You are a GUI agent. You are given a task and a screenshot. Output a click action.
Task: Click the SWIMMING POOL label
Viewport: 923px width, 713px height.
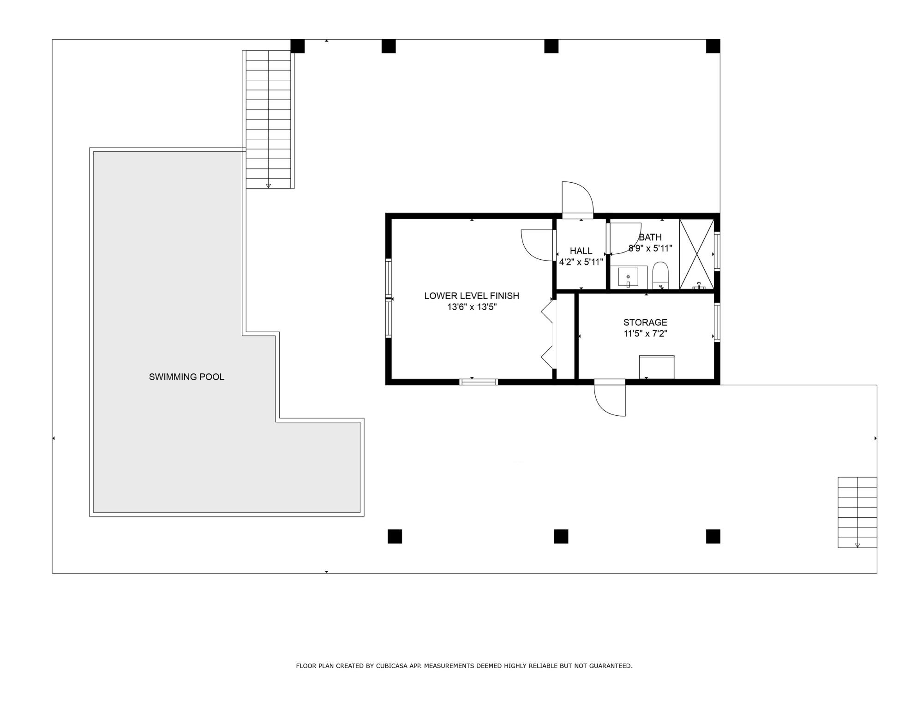[x=186, y=377]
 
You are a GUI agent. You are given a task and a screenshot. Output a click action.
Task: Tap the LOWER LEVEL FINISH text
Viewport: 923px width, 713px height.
[x=471, y=296]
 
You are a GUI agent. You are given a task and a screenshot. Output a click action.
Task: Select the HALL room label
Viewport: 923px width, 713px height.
[x=581, y=251]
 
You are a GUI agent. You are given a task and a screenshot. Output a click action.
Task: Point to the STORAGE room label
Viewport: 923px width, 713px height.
[x=645, y=323]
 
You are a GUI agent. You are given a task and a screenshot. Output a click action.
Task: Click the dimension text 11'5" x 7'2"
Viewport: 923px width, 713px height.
[x=645, y=334]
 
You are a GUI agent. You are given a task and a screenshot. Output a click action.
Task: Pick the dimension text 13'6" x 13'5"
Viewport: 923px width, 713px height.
[x=471, y=307]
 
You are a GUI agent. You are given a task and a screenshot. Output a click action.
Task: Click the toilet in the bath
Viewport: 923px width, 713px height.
[x=660, y=275]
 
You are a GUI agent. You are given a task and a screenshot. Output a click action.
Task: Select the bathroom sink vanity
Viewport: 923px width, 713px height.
[x=628, y=277]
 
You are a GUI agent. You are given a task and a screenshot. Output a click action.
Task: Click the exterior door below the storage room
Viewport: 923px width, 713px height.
[x=610, y=398]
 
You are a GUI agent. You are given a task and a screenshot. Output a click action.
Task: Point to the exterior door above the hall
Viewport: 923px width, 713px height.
[x=577, y=199]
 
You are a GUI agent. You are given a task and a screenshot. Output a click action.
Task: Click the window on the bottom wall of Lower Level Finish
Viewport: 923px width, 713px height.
[x=479, y=382]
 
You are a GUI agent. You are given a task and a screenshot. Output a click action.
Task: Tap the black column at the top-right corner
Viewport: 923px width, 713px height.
[x=713, y=46]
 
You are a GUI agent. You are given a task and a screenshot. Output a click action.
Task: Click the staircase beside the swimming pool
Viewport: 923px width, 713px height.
[x=268, y=120]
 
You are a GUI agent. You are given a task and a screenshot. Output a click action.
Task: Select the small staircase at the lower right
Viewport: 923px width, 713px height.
[x=857, y=512]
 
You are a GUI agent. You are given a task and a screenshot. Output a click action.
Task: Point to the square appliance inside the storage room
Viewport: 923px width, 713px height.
[x=656, y=367]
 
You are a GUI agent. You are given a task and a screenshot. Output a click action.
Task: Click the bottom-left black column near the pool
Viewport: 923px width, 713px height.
[x=395, y=536]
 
